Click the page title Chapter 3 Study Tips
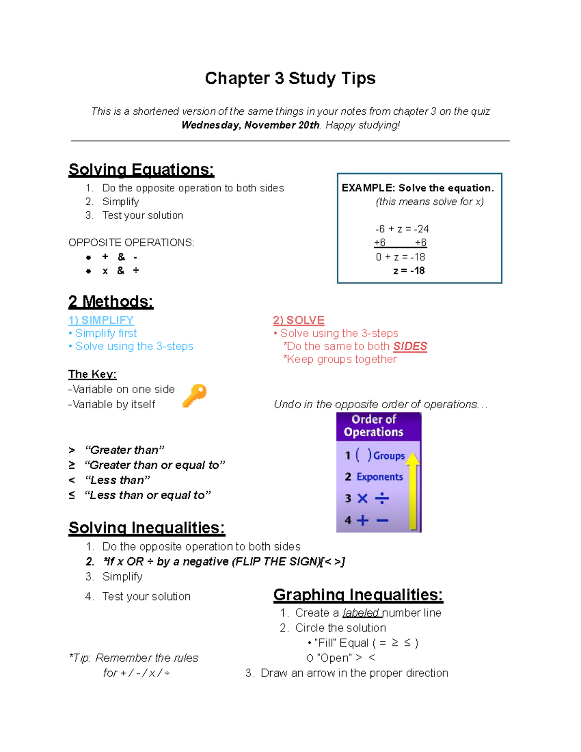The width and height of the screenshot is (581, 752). click(x=290, y=78)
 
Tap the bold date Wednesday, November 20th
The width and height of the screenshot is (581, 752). click(x=250, y=125)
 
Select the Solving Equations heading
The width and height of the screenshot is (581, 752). click(x=141, y=170)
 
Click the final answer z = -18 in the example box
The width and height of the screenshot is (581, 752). click(x=409, y=271)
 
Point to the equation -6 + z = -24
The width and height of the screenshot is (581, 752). click(x=401, y=229)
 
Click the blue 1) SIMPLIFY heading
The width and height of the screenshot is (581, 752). click(x=101, y=320)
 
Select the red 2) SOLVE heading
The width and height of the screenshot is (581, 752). click(x=298, y=320)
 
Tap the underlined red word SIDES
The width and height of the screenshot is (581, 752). click(x=410, y=346)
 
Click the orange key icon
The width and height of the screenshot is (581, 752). click(x=194, y=395)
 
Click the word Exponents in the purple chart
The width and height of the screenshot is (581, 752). click(x=380, y=477)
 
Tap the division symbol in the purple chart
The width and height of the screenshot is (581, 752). click(x=382, y=498)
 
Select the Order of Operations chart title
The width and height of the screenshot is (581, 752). click(x=373, y=426)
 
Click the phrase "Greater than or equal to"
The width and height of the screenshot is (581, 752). click(x=154, y=465)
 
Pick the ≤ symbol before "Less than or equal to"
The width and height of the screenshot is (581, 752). click(x=72, y=495)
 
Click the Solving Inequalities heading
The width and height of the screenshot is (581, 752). click(x=147, y=528)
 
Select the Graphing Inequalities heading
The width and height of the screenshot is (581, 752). click(x=358, y=595)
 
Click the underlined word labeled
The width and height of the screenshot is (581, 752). click(x=361, y=613)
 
